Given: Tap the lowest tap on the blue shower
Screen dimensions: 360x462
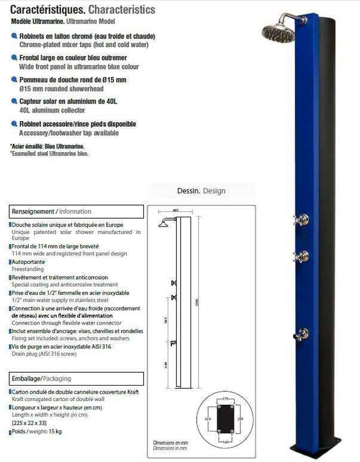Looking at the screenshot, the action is pos(302,333).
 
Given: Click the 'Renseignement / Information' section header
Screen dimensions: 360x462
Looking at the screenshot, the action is pos(52,211).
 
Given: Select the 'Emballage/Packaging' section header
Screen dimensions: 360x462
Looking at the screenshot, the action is pos(42,378).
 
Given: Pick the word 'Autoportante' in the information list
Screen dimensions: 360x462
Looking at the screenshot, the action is pos(29,262).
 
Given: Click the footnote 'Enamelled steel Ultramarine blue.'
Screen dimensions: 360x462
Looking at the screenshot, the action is pos(50,153).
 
